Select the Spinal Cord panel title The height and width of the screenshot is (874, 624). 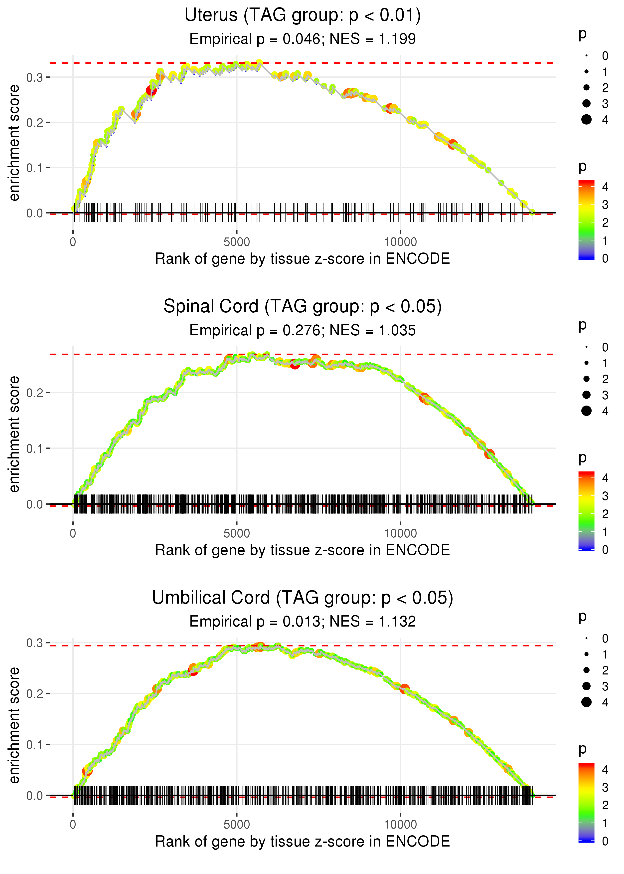pos(303,307)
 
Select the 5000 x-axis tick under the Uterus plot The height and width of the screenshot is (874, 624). pos(236,242)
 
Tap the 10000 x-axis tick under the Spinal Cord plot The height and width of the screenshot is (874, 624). pos(400,533)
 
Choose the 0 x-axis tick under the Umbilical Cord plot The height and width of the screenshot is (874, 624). pos(73,825)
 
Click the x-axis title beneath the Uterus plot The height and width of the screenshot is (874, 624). pos(303,259)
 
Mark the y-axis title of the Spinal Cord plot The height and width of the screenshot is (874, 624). pos(14,434)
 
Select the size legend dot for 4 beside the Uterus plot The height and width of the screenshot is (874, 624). pos(586,120)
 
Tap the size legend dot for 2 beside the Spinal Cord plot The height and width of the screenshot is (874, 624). pos(586,379)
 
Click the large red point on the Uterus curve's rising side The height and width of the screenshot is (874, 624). pos(151,91)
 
